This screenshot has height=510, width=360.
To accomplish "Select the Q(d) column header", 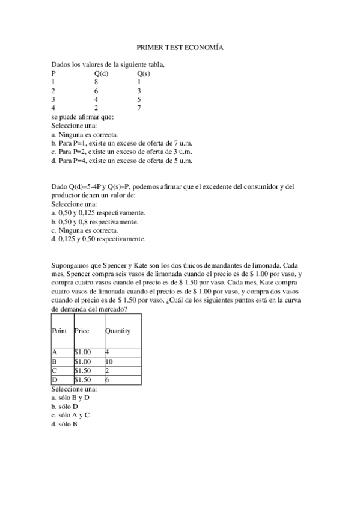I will coord(101,73).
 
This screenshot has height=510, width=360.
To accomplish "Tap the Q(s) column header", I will coord(143,73).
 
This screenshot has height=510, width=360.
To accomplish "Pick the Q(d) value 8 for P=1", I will coord(96,82).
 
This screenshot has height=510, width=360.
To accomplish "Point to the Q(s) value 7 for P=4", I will coord(139,108).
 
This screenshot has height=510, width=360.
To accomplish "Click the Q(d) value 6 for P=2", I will coord(96,90).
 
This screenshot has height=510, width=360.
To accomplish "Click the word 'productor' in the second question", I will coord(66,195).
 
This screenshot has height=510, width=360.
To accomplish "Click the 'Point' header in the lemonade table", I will coord(59,331).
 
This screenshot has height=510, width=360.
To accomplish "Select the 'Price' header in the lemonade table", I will coord(82,331).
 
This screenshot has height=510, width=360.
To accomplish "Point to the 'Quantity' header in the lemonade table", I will coord(118,331).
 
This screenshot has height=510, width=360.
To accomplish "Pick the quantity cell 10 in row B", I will coord(109,361).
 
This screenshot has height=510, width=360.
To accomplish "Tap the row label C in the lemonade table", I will coord(55,370).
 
